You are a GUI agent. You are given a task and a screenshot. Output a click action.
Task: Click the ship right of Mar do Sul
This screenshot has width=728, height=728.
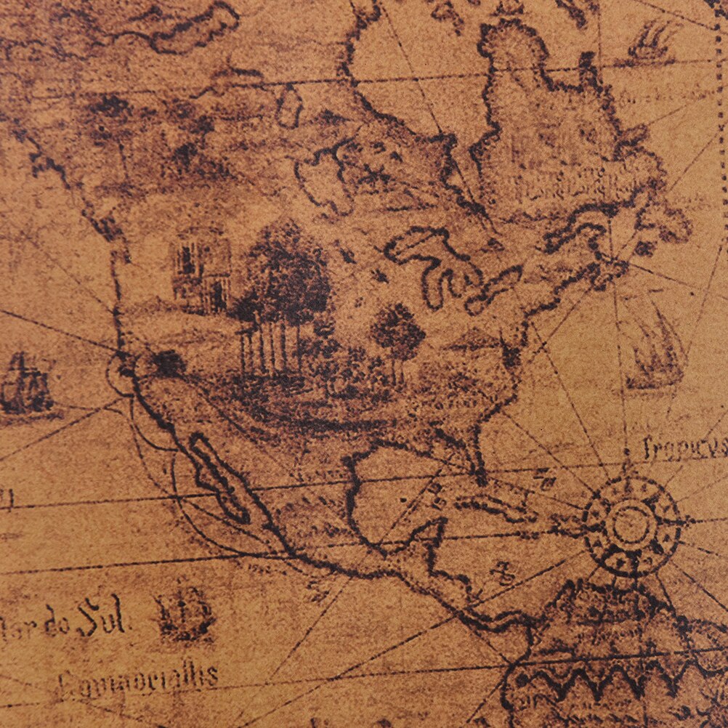coord(184,612)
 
